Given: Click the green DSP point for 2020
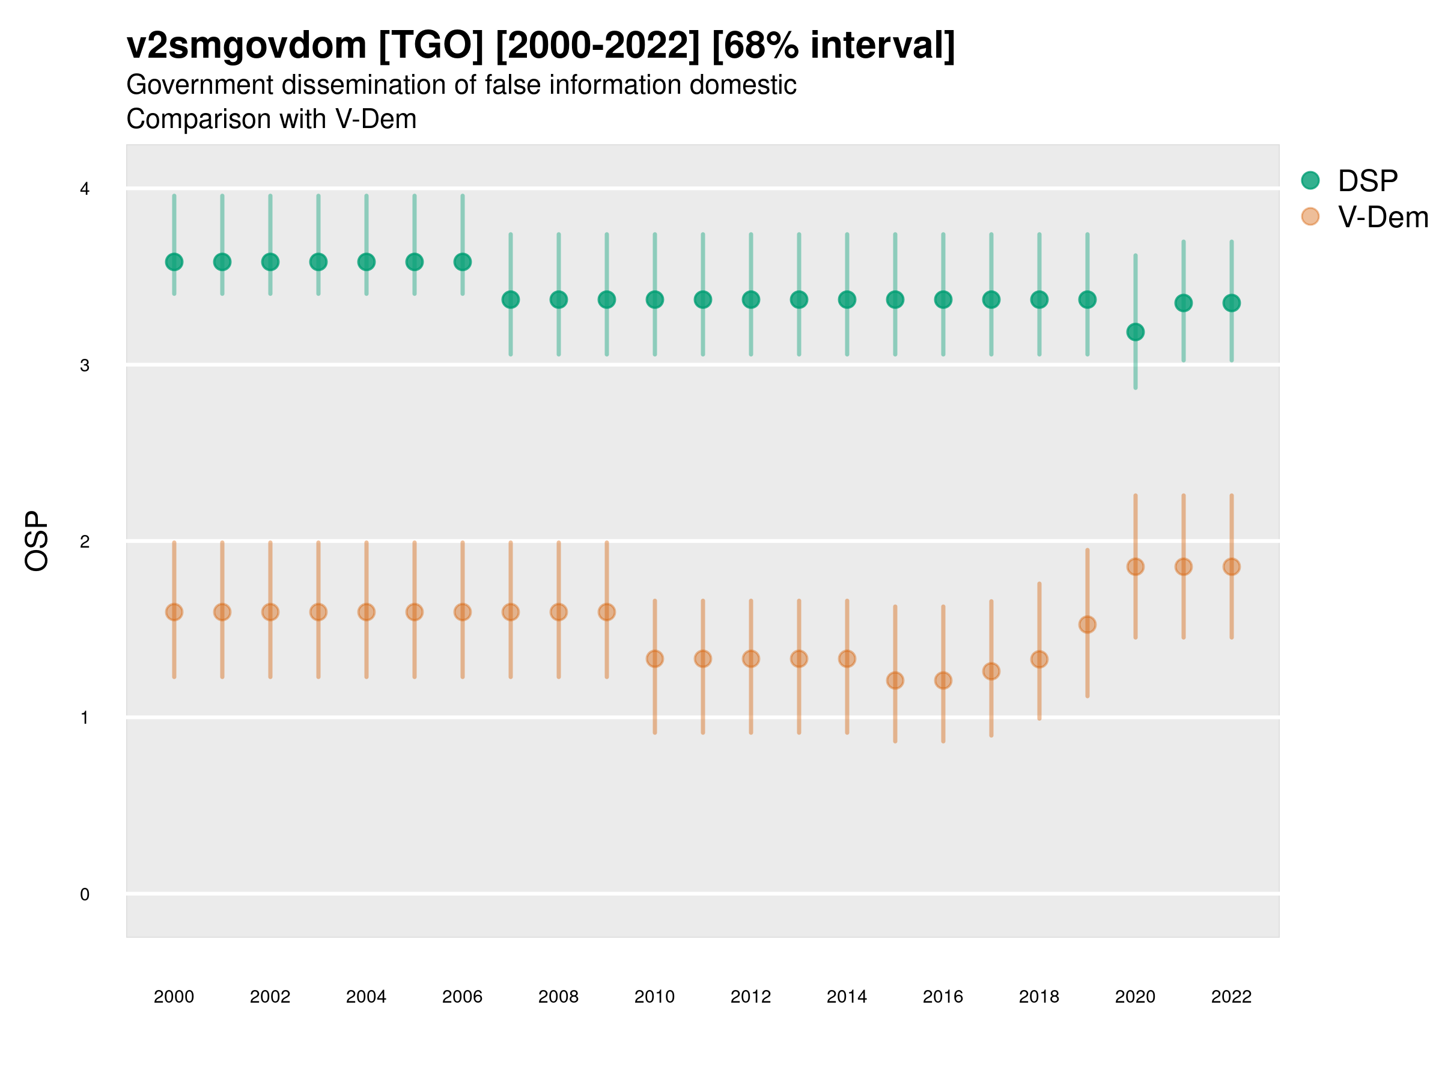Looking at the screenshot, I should coord(1135,332).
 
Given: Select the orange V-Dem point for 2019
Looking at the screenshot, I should coord(1087,624).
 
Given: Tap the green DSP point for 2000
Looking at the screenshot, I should coord(174,261).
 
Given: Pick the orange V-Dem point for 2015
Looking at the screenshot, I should coord(895,680).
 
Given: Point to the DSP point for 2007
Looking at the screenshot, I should coord(511,299).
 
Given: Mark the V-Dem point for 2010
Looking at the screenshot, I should coord(654,659).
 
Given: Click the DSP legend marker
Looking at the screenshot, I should coord(1310,180).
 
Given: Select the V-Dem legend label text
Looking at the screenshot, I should coord(1383,217).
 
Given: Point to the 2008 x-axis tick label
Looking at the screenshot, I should coord(558,997).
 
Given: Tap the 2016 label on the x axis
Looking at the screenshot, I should coord(943,997).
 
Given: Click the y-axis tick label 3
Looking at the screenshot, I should coord(85,365).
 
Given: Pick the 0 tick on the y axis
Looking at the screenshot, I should coord(85,894).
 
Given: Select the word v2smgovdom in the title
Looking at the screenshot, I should coord(246,46).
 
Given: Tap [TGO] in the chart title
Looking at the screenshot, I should coord(431,46).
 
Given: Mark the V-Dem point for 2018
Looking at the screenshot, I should coord(1039,659).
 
